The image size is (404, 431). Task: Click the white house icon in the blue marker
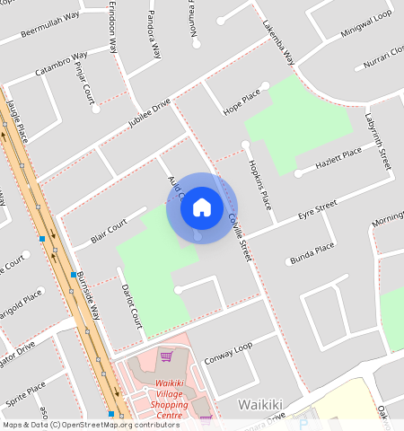pyautogui.click(x=202, y=208)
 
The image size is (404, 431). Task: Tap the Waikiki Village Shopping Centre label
pyautogui.click(x=163, y=396)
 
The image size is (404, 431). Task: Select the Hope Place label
pyautogui.click(x=241, y=102)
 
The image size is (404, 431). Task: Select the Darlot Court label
pyautogui.click(x=131, y=305)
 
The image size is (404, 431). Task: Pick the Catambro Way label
pyautogui.click(x=61, y=63)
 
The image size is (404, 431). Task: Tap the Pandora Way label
pyautogui.click(x=154, y=34)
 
